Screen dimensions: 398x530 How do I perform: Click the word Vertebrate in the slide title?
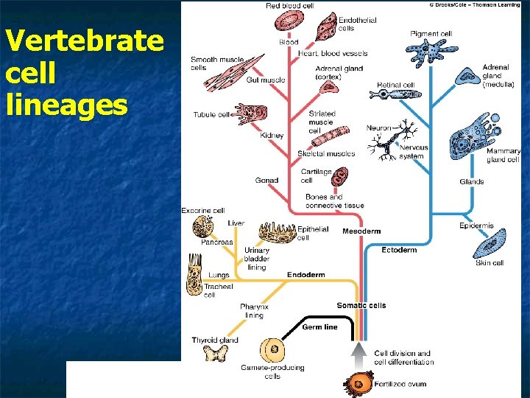pyautogui.click(x=82, y=41)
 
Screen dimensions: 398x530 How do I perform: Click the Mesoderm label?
pyautogui.click(x=361, y=231)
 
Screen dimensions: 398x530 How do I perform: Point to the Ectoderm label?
pyautogui.click(x=399, y=251)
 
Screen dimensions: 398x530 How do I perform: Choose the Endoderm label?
pyautogui.click(x=305, y=275)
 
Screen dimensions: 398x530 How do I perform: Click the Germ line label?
pyautogui.click(x=319, y=327)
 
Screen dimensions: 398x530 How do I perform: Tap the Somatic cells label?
pyautogui.click(x=361, y=306)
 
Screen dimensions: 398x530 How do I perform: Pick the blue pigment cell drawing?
pyautogui.click(x=429, y=54)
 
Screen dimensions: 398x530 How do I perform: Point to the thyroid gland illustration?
pyautogui.click(x=215, y=355)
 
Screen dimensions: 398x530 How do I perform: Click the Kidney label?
pyautogui.click(x=272, y=136)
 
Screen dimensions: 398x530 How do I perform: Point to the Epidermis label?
pyautogui.click(x=476, y=226)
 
